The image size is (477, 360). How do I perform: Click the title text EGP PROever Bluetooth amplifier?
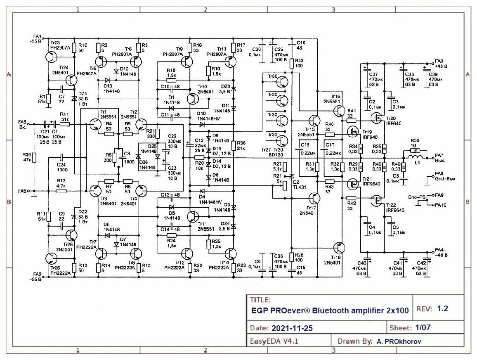click(x=330, y=311)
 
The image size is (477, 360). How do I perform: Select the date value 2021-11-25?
click(x=292, y=329)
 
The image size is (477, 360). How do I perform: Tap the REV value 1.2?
click(x=442, y=309)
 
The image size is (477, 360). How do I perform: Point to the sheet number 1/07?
click(x=423, y=328)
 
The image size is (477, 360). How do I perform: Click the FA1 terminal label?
click(x=37, y=36)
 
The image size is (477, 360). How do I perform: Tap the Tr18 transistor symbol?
click(x=339, y=248)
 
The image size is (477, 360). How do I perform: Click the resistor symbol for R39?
click(x=34, y=157)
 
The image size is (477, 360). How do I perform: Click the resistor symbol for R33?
click(x=291, y=63)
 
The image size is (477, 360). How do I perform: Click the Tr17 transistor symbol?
click(x=315, y=199)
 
